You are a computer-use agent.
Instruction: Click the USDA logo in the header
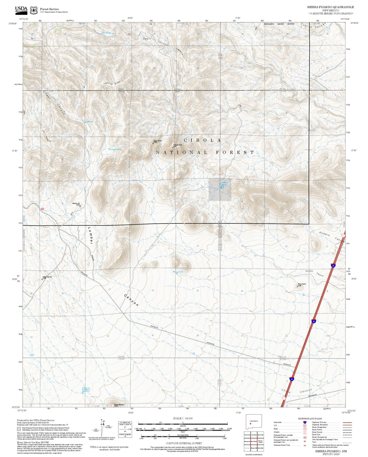pyautogui.click(x=21, y=10)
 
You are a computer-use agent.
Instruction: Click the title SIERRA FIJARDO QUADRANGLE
pyautogui.click(x=330, y=7)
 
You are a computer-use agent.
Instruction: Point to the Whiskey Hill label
pyautogui.click(x=76, y=204)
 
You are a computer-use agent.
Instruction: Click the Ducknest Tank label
pyautogui.click(x=115, y=150)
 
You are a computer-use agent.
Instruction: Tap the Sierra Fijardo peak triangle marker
pyautogui.click(x=297, y=287)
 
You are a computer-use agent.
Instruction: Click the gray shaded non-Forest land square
pyautogui.click(x=220, y=190)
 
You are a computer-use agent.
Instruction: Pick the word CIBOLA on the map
pyautogui.click(x=202, y=140)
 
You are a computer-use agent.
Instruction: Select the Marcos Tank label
pyautogui.click(x=178, y=272)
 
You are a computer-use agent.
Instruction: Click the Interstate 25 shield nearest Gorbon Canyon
pyautogui.click(x=333, y=265)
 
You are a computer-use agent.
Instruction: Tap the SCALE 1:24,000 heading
pyautogui.click(x=183, y=418)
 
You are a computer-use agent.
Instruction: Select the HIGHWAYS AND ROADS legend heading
pyautogui.click(x=310, y=419)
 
